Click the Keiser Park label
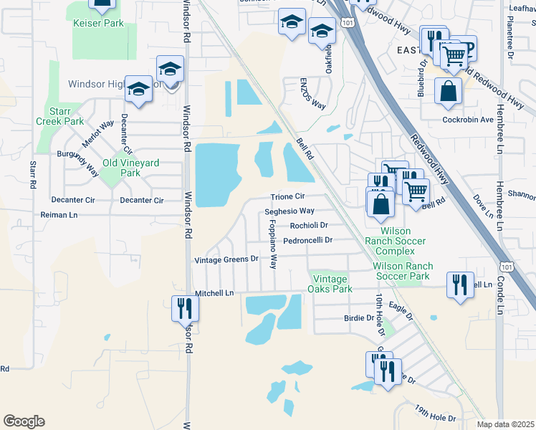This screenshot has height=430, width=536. point(98,24)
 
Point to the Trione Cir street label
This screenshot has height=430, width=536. point(288,196)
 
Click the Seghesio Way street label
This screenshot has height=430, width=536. point(289,211)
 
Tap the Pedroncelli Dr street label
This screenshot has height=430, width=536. point(307,241)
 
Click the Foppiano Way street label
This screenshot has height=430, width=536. point(273,244)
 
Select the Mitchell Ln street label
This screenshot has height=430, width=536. point(214,293)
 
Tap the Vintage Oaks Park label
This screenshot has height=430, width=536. point(330,284)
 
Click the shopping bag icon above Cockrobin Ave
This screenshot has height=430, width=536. point(449,92)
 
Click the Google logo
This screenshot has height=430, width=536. point(24,421)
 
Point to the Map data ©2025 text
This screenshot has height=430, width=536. point(505,424)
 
